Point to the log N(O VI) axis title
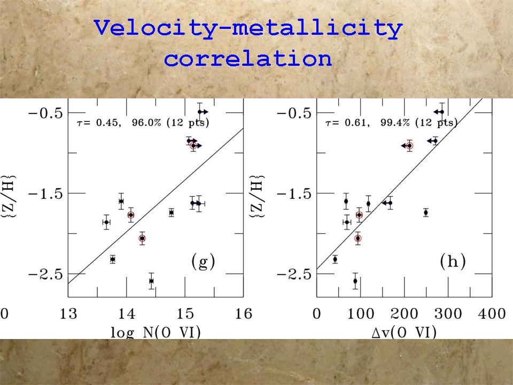156,332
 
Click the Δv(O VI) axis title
404,332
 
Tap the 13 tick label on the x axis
68,314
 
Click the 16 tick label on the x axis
244,314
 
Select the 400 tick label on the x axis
491,314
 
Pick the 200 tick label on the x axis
403,314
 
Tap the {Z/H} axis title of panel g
12,192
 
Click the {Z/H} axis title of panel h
261,192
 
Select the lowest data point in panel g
151,281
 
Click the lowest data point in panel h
355,281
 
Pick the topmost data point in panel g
200,112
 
